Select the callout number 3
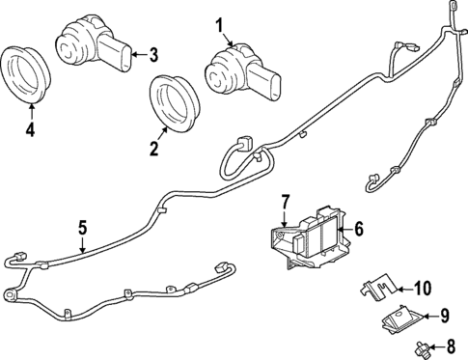tap(152, 54)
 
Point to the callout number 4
tap(29, 128)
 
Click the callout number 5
tap(82, 228)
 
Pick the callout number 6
tap(357, 229)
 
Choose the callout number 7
tap(285, 202)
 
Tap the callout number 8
tap(448, 346)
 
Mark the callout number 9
tap(445, 315)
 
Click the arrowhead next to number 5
tap(83, 252)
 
